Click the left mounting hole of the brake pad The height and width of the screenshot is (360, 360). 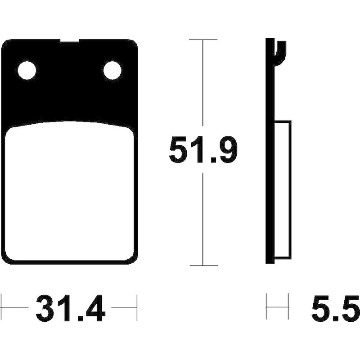[27, 70]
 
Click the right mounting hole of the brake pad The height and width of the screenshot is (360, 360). [112, 70]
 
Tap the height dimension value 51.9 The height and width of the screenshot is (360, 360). [203, 149]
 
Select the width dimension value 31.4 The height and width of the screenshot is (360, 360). [71, 308]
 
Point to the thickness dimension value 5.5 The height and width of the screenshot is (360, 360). [336, 308]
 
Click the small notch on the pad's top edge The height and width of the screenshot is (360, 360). [70, 40]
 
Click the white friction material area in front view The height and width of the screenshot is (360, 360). [69, 191]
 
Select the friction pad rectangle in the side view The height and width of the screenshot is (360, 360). [283, 189]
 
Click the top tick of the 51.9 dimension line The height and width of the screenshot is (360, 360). [203, 40]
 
